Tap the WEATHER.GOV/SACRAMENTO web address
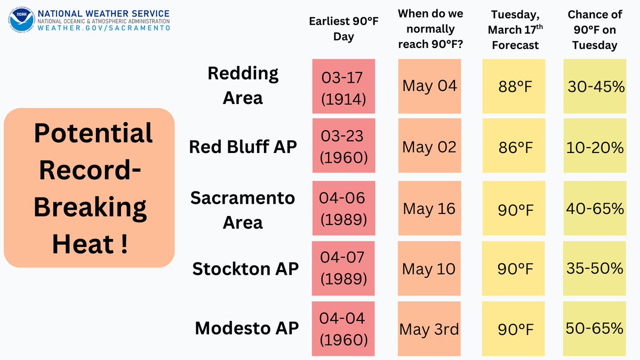point(103,28)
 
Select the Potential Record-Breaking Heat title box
point(89,187)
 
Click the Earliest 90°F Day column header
point(343,29)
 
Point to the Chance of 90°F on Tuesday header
point(595,30)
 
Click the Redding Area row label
point(243,85)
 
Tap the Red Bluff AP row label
point(243,146)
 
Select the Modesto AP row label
point(246,328)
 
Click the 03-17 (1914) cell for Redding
point(343,86)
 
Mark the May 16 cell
point(429,208)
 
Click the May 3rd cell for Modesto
point(429,329)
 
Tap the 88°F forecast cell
point(514,86)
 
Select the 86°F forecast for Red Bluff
point(514,147)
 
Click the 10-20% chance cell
point(595,147)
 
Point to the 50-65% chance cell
point(595,329)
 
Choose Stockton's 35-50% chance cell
point(595,268)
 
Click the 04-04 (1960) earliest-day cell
point(343,329)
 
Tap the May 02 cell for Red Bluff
point(429,147)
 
